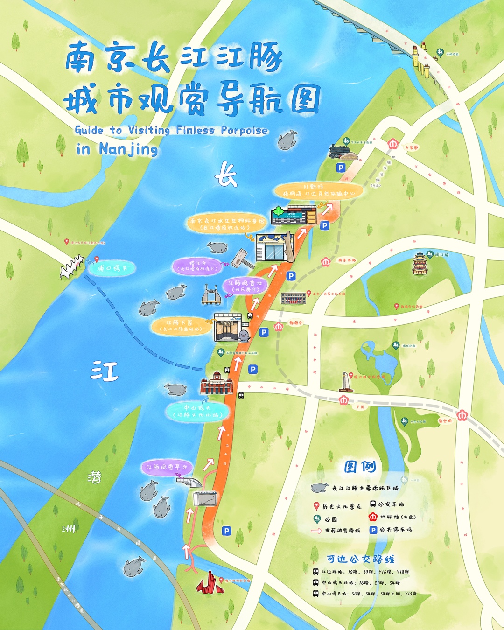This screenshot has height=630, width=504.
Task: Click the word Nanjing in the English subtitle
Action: tap(128, 149)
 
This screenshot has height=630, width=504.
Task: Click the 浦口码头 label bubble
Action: tap(110, 268)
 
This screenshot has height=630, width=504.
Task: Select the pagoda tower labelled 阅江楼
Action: tap(420, 264)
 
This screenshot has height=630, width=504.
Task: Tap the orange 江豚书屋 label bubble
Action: tap(180, 325)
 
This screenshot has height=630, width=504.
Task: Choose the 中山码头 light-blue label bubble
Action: tap(197, 411)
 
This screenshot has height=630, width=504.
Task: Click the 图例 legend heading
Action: tap(360, 466)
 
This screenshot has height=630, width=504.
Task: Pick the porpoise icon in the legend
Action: tap(320, 488)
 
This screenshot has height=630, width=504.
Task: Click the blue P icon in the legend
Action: tap(373, 530)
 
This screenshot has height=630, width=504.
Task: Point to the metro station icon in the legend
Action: tap(373, 517)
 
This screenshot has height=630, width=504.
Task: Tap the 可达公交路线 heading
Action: tap(360, 559)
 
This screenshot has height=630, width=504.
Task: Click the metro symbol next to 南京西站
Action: tap(325, 261)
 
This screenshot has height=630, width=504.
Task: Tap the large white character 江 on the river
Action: tap(105, 371)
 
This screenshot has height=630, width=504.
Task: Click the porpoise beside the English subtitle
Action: tap(287, 140)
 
